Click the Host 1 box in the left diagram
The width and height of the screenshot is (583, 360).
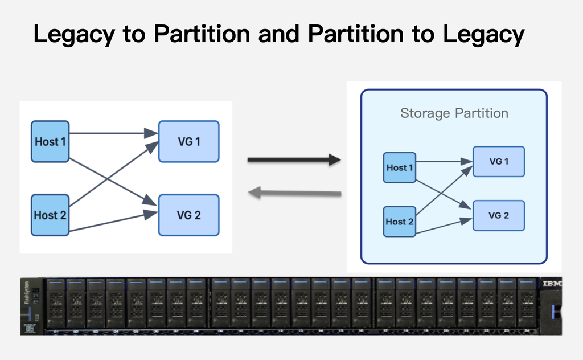[50, 141]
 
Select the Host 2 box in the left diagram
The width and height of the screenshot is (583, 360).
[50, 215]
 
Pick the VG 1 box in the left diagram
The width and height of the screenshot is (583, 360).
[188, 141]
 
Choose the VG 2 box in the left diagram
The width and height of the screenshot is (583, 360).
[188, 215]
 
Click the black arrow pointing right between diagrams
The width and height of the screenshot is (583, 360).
[294, 161]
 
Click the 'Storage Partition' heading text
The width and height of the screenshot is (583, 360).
[454, 113]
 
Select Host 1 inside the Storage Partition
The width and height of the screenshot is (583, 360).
[400, 167]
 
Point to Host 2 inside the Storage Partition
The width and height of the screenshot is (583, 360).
[400, 222]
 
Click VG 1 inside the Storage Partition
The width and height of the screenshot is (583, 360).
[499, 161]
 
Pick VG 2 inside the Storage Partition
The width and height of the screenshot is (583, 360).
[499, 215]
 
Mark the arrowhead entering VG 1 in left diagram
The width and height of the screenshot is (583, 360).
[151, 134]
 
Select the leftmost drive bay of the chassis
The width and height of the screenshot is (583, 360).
[56, 304]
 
